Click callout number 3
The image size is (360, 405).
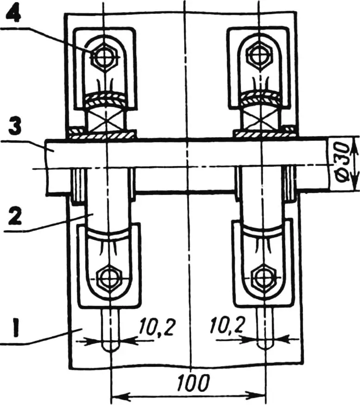coord(15,127)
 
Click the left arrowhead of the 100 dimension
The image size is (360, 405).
coord(116,397)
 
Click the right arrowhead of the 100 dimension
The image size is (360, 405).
coord(261,397)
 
